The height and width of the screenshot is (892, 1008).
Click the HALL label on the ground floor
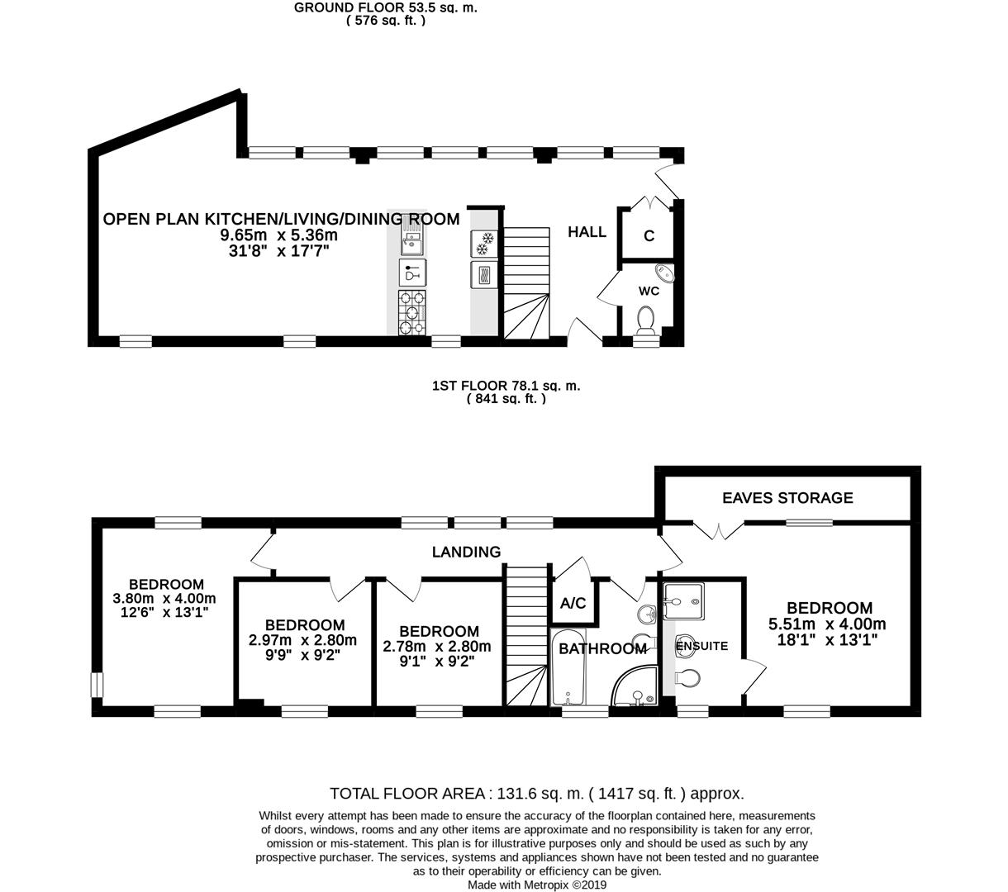click(587, 232)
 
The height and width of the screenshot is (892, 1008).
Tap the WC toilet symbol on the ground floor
click(645, 318)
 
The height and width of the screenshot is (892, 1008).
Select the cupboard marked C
click(649, 236)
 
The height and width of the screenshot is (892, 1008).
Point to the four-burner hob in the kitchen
click(412, 312)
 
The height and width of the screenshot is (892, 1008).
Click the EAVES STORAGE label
click(787, 497)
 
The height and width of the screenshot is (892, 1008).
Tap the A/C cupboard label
click(573, 603)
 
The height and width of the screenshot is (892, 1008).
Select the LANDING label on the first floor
click(467, 552)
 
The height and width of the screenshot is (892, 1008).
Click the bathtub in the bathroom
click(568, 671)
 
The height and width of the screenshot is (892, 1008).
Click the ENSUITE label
click(701, 646)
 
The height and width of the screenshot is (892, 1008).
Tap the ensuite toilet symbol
click(687, 677)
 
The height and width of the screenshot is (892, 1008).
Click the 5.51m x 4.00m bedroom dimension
click(827, 624)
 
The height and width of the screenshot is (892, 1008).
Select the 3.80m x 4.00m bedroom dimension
click(164, 599)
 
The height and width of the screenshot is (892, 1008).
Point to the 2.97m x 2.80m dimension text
click(302, 640)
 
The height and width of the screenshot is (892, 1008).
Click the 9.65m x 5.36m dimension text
click(278, 235)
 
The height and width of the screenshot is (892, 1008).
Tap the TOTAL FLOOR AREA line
click(536, 794)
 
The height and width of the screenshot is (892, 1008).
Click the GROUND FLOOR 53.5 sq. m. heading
click(386, 7)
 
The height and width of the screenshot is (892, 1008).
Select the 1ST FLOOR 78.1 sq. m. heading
click(506, 385)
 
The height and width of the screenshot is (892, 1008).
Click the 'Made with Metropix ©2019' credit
click(537, 885)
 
